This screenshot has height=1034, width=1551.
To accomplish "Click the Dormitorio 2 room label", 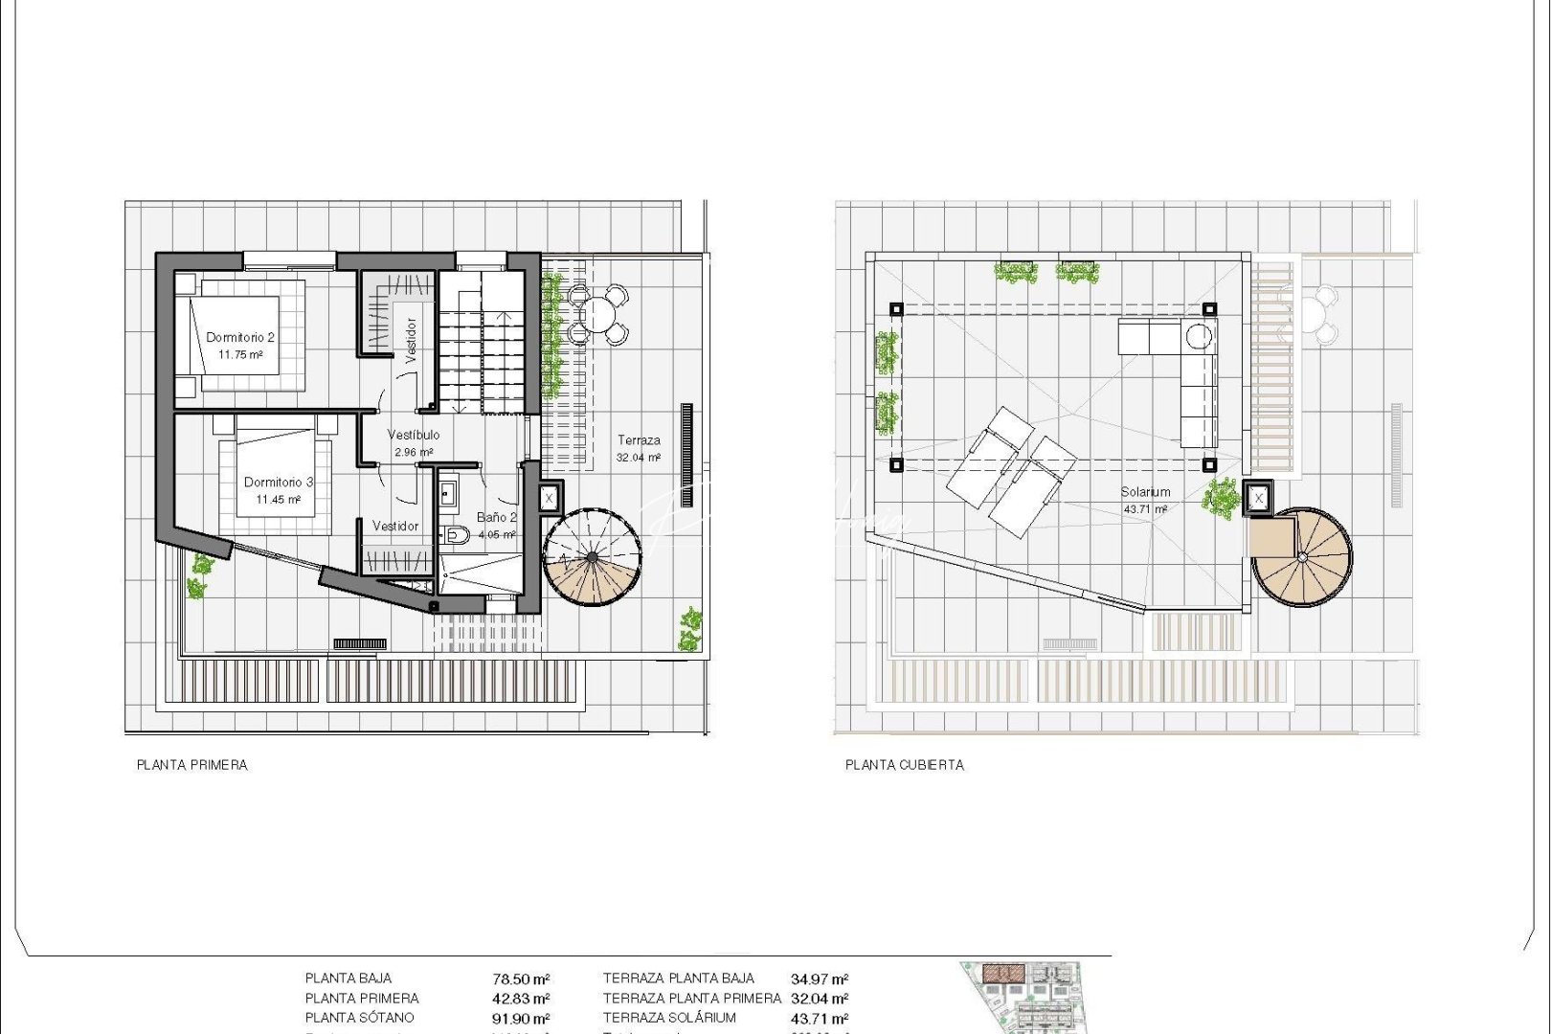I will point(240,337).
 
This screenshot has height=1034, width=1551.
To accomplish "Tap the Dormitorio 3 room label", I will point(279,483).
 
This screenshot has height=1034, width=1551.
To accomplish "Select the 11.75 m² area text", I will point(240,354).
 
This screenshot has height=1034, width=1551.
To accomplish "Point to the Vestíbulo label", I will point(414,435).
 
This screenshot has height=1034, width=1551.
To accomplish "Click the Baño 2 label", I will point(496,517).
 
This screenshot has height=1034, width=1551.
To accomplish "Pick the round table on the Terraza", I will point(599,314).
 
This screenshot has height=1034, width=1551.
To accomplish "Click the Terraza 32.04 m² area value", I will point(639,458).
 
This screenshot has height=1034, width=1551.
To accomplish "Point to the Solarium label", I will point(1145,492).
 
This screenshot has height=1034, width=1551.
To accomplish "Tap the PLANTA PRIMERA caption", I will point(192,765).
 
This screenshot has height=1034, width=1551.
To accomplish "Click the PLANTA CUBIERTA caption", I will point(905,765).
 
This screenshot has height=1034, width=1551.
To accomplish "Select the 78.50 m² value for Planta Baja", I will point(521,979).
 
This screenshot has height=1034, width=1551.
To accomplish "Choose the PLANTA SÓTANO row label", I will point(360,1018).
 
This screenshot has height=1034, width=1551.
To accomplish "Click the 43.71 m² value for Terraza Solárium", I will point(820,1019).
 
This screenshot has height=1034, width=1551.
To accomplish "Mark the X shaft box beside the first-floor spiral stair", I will point(549,498).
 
